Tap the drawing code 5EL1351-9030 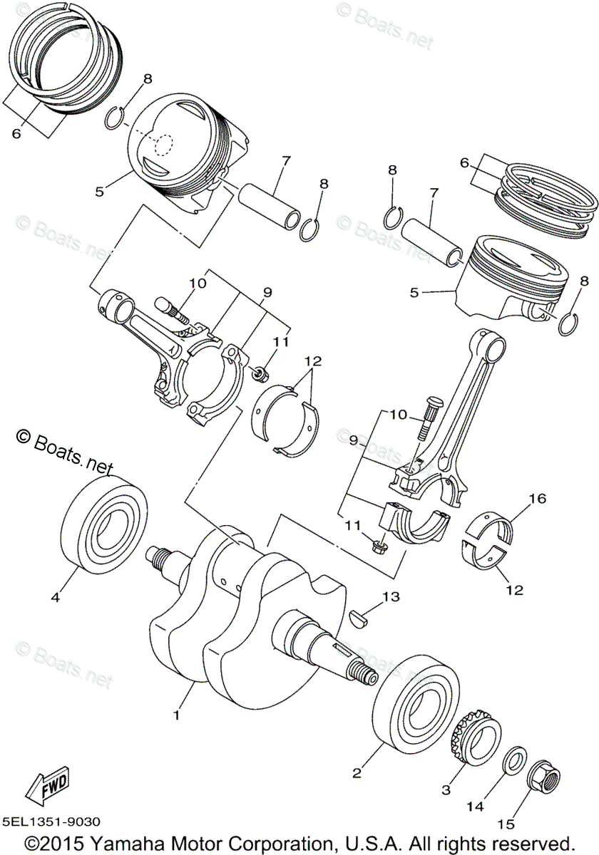[52, 822]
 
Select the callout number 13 [390, 596]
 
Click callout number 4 [54, 599]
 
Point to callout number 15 [506, 824]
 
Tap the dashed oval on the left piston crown [163, 145]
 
